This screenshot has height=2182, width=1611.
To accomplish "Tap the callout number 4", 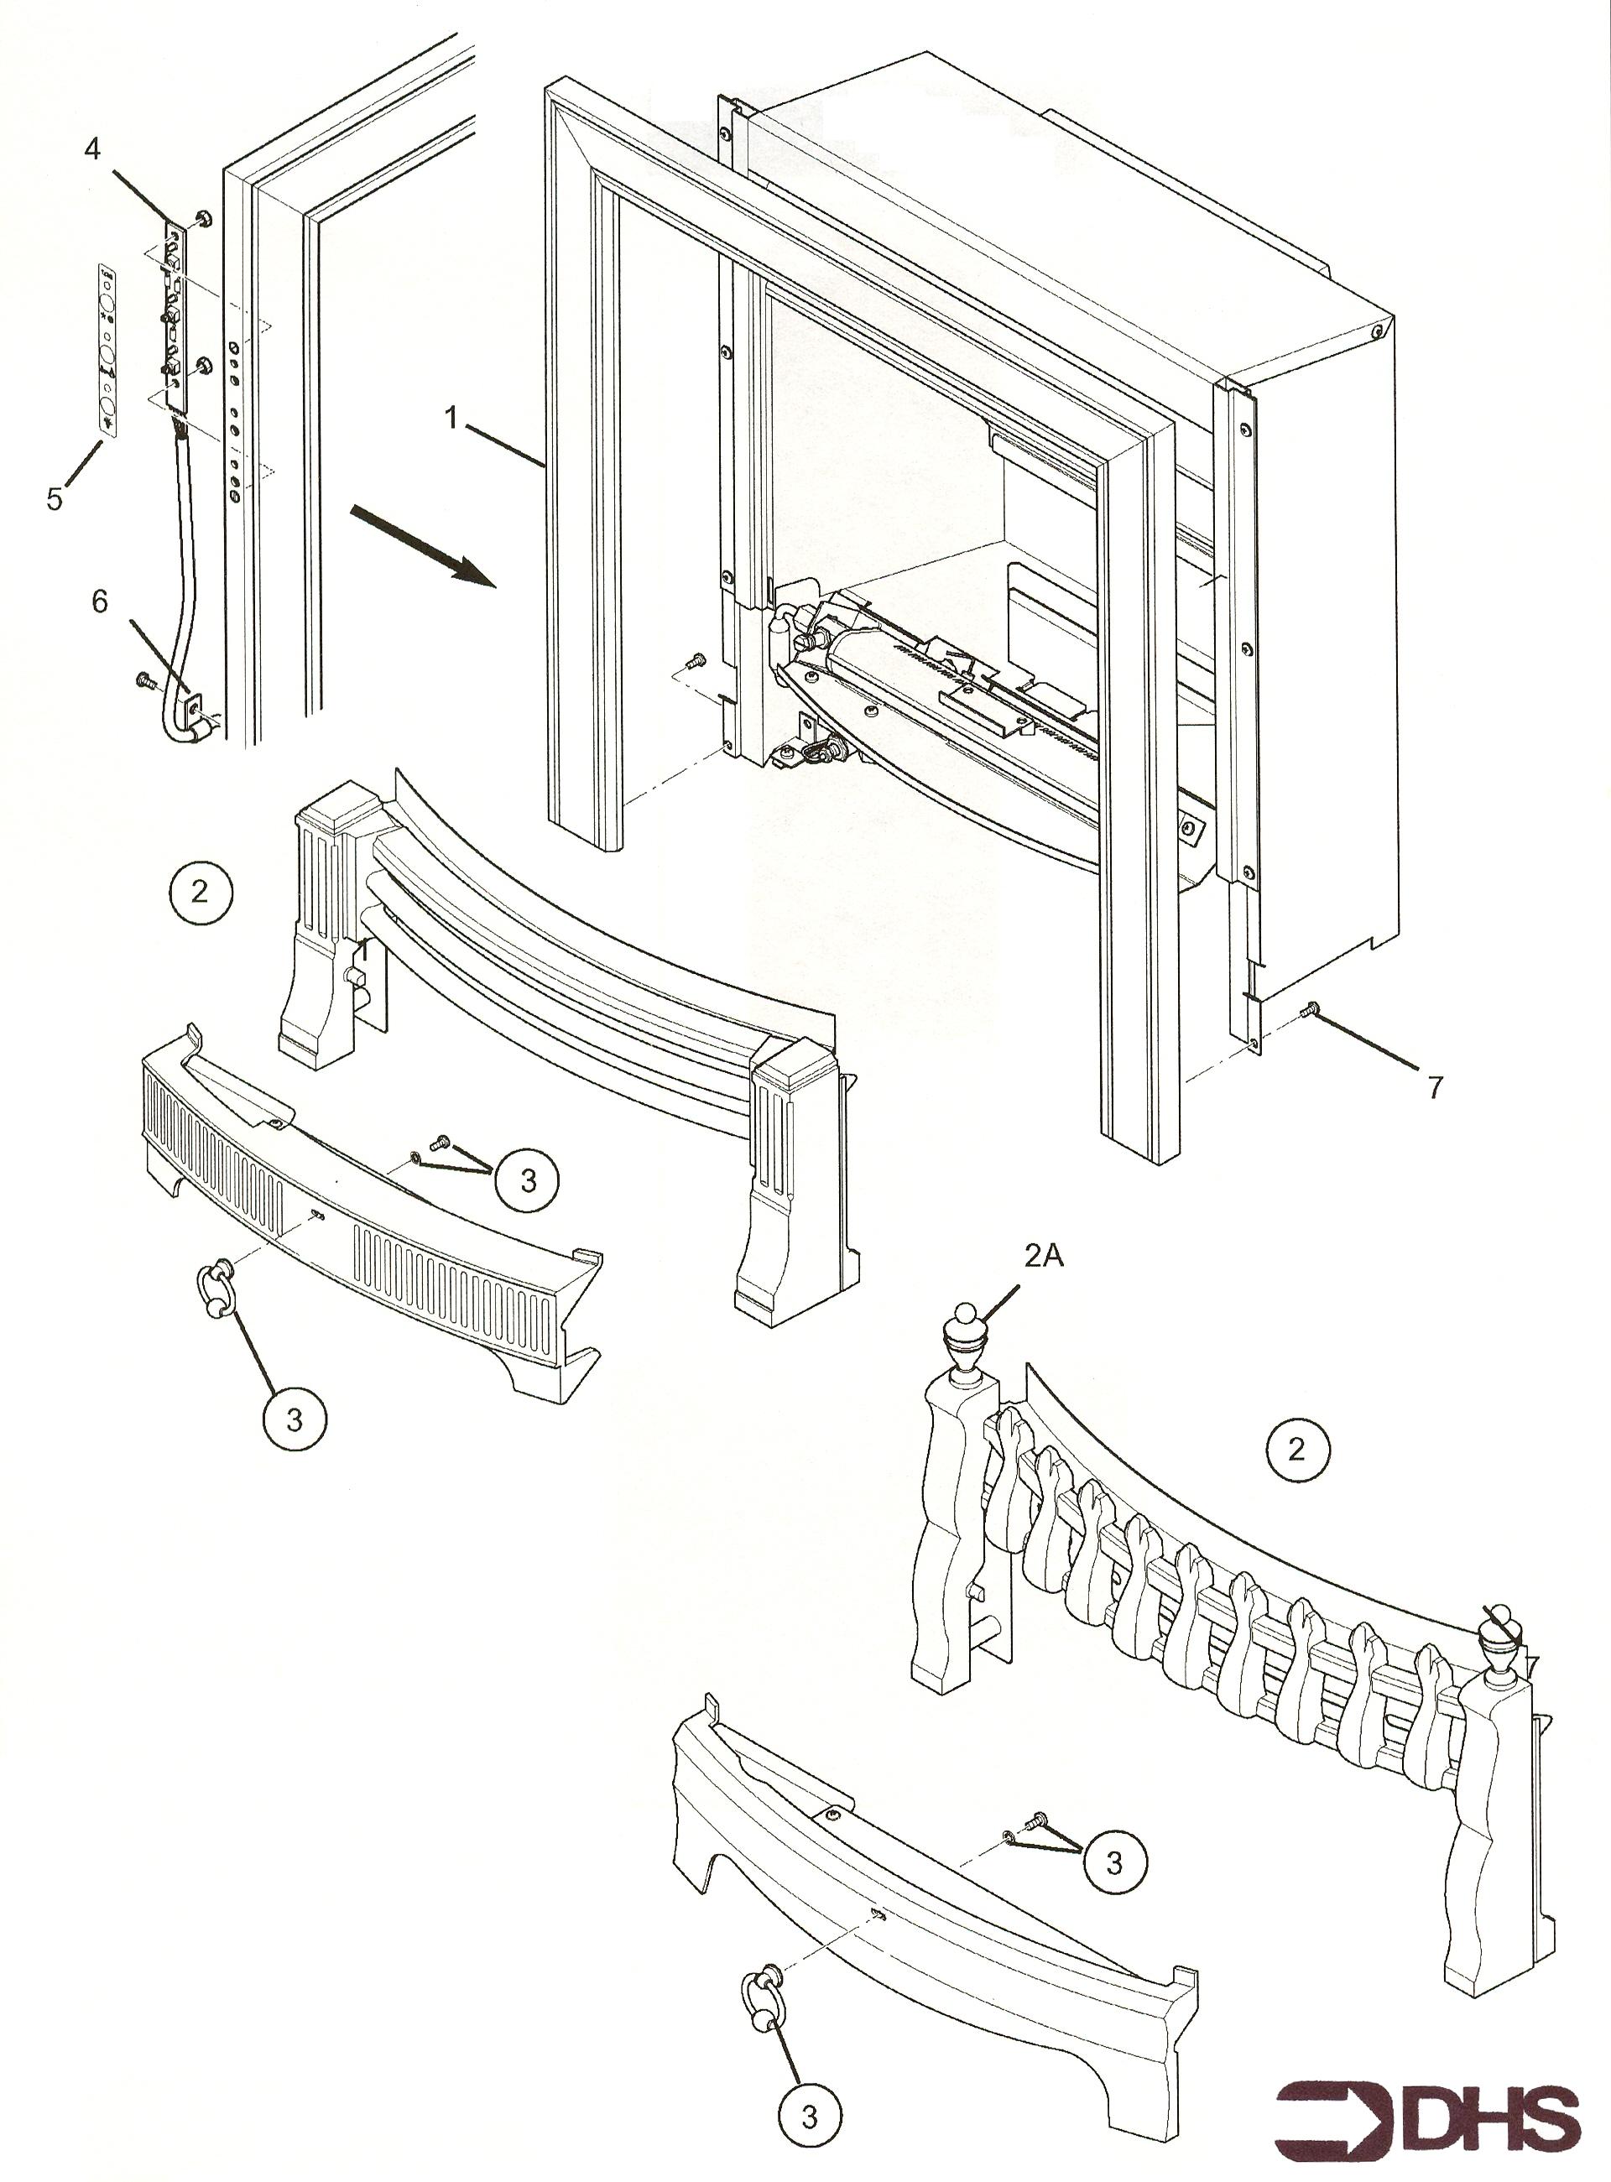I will [91, 149].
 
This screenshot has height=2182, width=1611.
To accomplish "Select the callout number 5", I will [55, 499].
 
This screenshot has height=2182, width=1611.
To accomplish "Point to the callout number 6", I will [100, 601].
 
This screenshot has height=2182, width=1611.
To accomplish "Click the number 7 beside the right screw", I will [1435, 1087].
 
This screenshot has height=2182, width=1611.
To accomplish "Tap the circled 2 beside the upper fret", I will [200, 892].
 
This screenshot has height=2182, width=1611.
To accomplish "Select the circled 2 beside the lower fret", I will [1296, 1450].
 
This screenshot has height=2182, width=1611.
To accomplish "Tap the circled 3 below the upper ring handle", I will [295, 1420].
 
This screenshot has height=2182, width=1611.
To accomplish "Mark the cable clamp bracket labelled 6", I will [193, 703].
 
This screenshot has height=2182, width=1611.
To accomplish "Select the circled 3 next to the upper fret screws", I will [527, 1180].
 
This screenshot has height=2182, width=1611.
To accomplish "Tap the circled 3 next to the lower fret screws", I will [1113, 1863].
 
